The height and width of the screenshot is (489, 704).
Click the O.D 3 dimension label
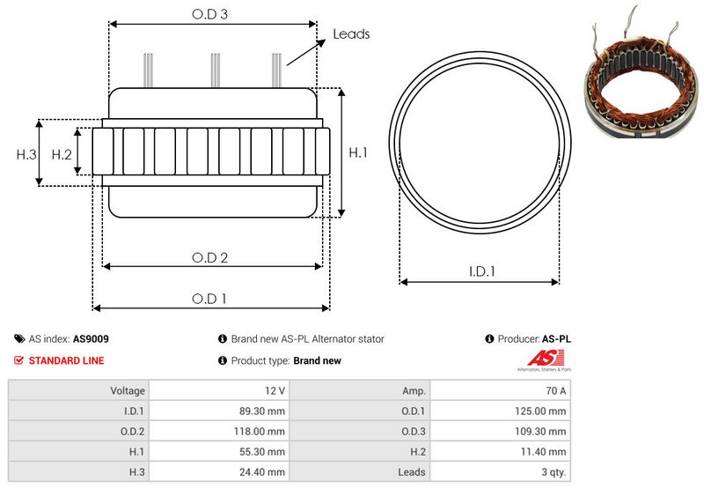click(x=209, y=14)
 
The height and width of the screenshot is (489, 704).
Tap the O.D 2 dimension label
click(x=209, y=257)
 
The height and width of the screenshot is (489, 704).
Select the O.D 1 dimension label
click(x=209, y=299)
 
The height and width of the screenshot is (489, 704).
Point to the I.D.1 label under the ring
click(x=481, y=271)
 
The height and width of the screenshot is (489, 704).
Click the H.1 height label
click(x=358, y=152)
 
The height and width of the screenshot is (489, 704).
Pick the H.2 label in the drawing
click(x=62, y=154)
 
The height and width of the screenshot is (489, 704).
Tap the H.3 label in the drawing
click(x=26, y=154)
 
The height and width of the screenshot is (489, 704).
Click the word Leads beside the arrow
click(x=351, y=34)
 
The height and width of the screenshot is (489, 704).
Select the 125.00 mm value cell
click(x=501, y=411)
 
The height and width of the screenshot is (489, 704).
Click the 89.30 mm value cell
click(x=219, y=411)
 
